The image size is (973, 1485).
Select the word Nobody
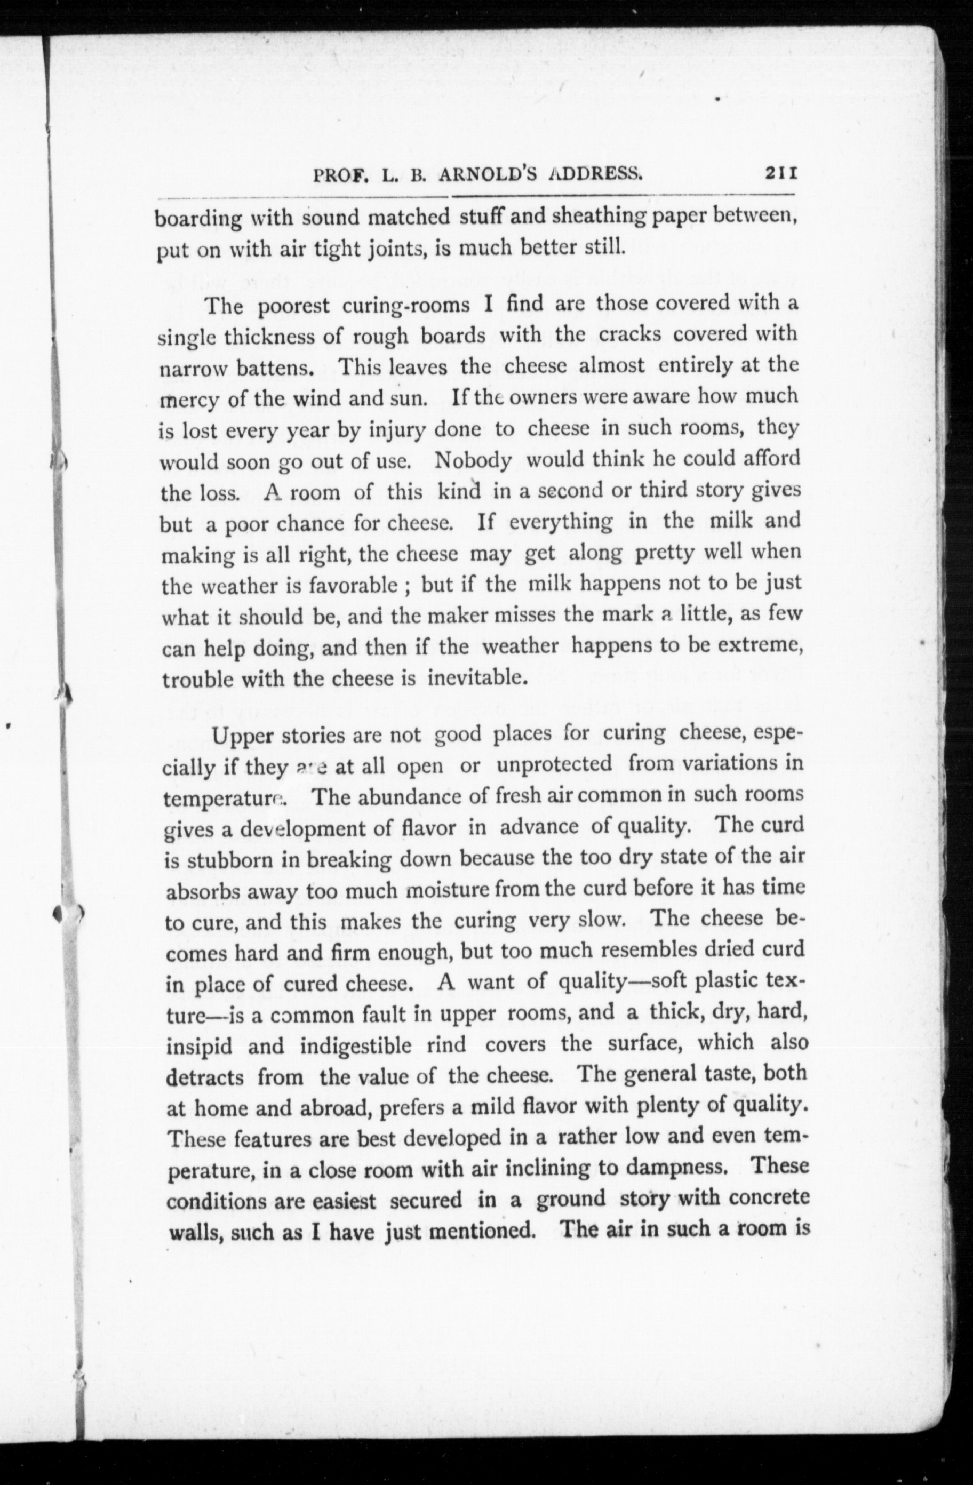coord(473,460)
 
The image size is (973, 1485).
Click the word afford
coord(771,459)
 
